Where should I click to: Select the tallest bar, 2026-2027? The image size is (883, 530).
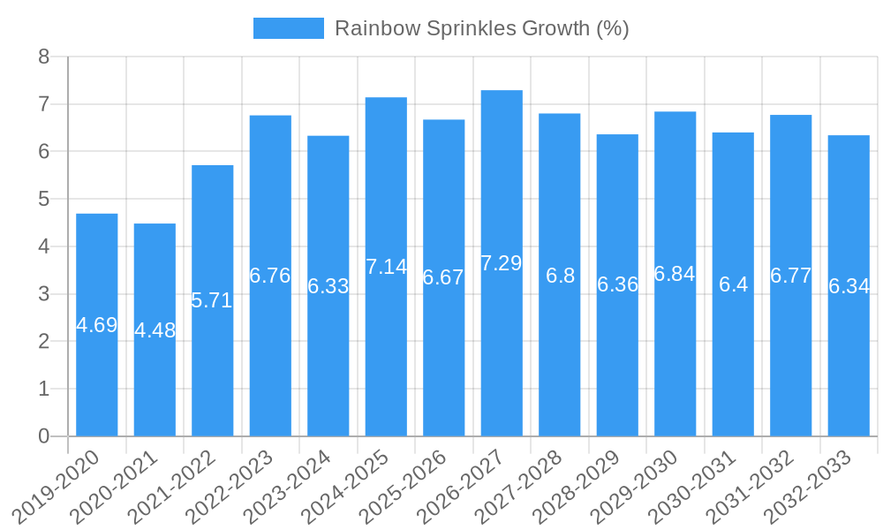click(502, 353)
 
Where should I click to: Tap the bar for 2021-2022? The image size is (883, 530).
click(212, 371)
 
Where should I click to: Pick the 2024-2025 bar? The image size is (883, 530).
click(386, 353)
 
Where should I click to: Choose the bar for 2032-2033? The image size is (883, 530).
click(849, 371)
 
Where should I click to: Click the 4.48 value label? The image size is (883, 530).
click(155, 330)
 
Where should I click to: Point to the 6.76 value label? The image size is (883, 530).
click(270, 276)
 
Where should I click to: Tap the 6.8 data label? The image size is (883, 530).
click(560, 276)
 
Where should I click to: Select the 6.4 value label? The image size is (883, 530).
click(733, 284)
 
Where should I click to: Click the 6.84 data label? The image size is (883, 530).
click(675, 274)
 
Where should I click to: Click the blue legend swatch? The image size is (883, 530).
click(288, 28)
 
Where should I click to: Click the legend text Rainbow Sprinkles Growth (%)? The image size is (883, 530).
click(481, 28)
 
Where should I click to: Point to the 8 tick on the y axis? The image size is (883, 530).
click(44, 57)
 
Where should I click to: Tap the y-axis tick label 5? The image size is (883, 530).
click(44, 200)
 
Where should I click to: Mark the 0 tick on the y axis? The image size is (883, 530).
click(44, 436)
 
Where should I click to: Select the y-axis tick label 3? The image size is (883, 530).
click(44, 294)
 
